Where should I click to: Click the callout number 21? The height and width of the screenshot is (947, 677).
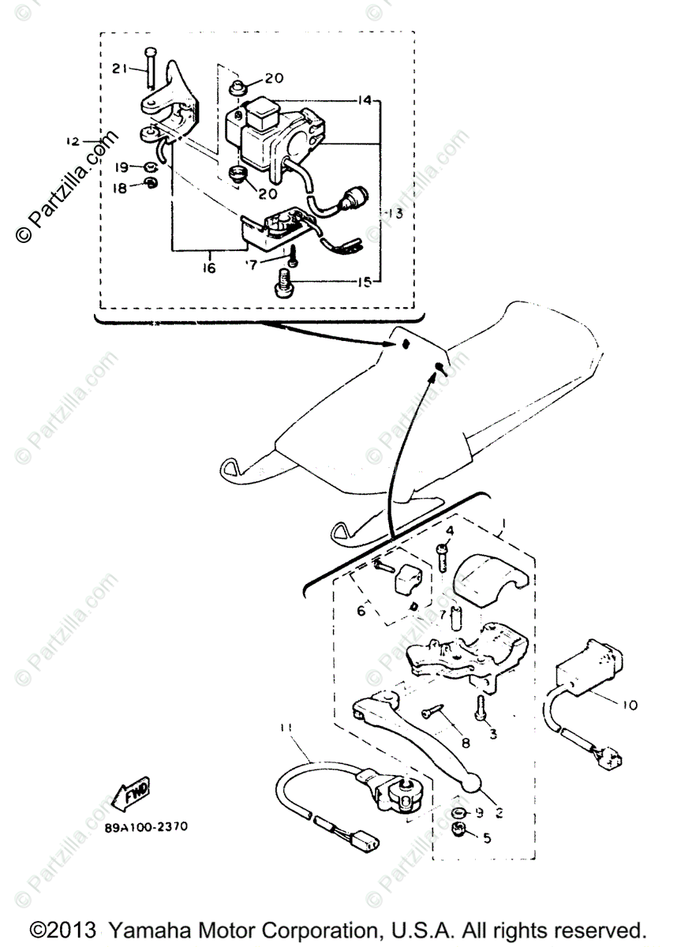click(x=118, y=69)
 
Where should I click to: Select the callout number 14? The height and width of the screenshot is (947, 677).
click(x=363, y=101)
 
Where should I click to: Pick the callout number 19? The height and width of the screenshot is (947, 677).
click(x=121, y=167)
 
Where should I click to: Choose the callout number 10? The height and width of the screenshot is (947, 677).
click(x=630, y=704)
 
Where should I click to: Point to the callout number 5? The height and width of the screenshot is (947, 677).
click(x=486, y=838)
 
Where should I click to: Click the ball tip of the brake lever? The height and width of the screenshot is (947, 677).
click(x=470, y=784)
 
